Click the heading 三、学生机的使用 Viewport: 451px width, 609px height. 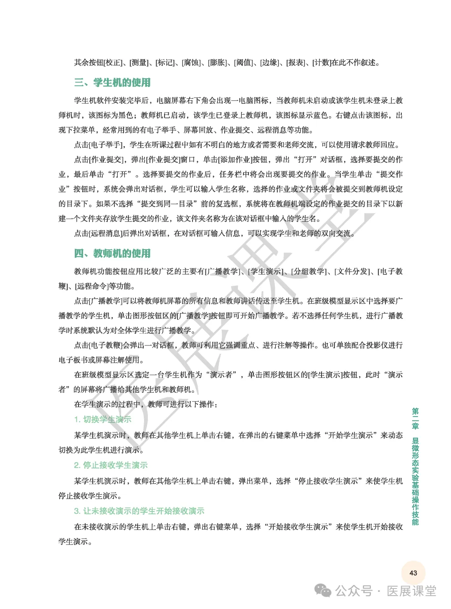112,82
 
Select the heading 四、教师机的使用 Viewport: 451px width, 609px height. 112,253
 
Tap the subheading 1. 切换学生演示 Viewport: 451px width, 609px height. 103,420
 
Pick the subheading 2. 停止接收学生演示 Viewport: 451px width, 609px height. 111,465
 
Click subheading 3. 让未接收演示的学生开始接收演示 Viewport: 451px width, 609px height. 139,511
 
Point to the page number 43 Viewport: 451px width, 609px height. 413,573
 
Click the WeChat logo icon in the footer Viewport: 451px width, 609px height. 323,591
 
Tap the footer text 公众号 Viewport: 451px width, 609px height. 354,591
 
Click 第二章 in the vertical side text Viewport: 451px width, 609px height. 415,419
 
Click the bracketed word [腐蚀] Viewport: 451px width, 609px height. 191,63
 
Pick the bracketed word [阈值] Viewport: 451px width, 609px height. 243,63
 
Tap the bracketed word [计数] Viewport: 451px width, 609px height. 322,63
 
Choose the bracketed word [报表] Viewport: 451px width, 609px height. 295,63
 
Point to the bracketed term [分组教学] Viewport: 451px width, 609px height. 309,271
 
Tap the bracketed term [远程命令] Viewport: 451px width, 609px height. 92,287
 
